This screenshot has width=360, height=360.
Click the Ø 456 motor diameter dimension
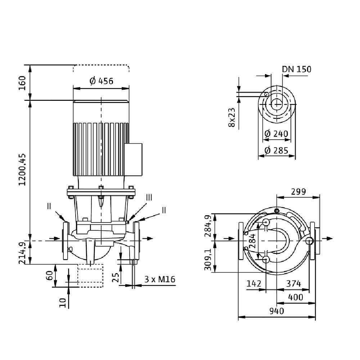point(101,81)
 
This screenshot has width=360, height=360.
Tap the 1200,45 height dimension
point(22,169)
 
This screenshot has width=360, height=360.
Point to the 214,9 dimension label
point(22,253)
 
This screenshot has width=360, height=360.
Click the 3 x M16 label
point(157,279)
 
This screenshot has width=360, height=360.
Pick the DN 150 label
point(296,69)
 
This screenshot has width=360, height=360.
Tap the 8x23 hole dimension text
point(231,117)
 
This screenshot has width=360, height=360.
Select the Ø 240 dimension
point(276,134)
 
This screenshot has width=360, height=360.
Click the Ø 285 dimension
point(276,150)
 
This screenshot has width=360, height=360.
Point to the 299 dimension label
point(298,192)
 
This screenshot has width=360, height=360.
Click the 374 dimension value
point(293,284)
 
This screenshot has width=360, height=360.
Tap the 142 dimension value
point(254,284)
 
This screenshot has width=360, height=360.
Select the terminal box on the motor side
point(134,159)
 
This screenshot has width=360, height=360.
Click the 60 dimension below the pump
point(50,275)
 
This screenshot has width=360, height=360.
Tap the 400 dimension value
point(296,297)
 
